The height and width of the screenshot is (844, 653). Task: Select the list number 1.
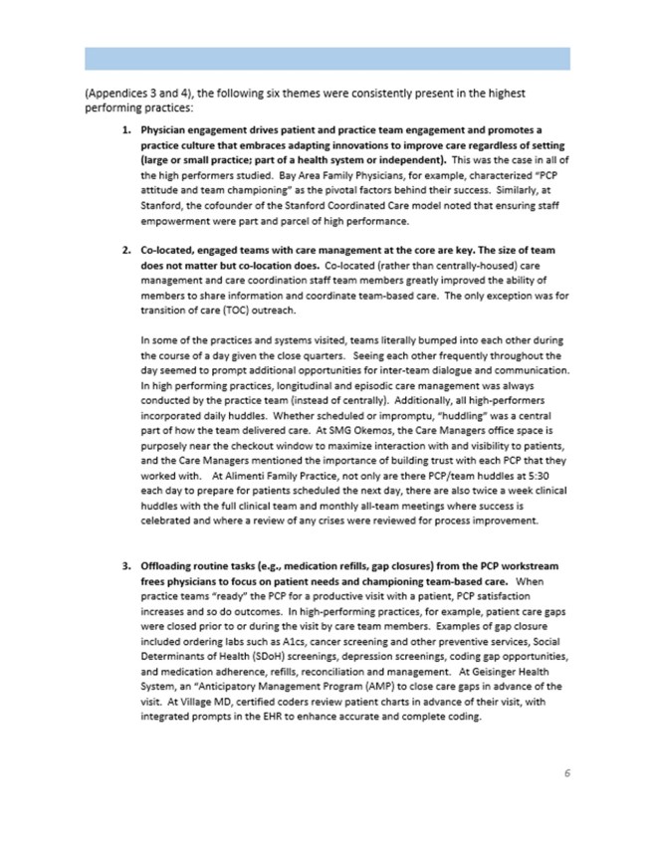coord(126,130)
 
